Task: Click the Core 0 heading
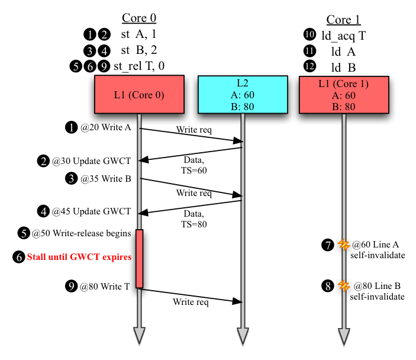[139, 18]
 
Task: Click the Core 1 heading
[343, 20]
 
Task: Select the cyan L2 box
[243, 95]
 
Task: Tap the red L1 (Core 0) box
[139, 94]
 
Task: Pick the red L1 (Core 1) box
[344, 95]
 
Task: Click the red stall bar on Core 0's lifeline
[140, 259]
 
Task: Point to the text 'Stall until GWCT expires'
[79, 257]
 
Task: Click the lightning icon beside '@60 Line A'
[344, 245]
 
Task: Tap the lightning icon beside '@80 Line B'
[344, 286]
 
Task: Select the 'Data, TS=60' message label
[194, 165]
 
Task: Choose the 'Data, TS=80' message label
[194, 219]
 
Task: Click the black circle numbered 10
[309, 34]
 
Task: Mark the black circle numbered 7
[328, 245]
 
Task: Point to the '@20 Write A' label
[106, 127]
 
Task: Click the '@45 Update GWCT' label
[91, 211]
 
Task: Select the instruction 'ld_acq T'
[344, 36]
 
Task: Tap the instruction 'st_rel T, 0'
[139, 66]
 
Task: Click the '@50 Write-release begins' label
[82, 233]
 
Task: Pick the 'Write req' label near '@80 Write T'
[191, 302]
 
